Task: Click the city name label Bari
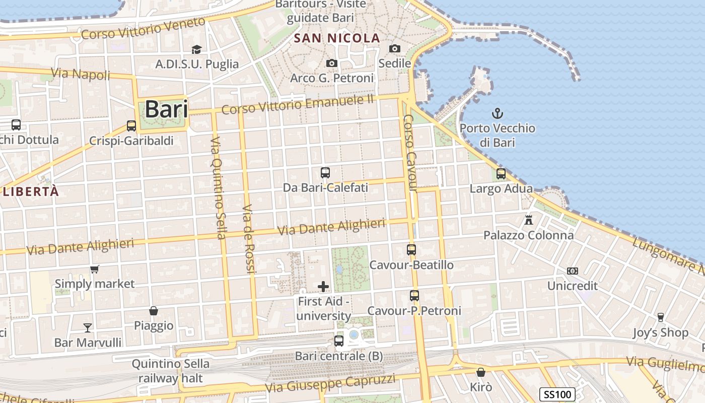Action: click(x=166, y=109)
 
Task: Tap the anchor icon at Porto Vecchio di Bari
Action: click(x=498, y=113)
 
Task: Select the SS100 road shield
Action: click(x=557, y=394)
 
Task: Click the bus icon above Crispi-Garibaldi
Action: click(x=131, y=126)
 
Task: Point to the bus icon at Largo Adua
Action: click(x=501, y=174)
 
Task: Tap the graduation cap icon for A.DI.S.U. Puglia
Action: click(x=196, y=49)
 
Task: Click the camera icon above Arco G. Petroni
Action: click(x=331, y=63)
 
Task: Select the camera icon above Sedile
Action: click(x=395, y=49)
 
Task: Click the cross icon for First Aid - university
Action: click(x=323, y=287)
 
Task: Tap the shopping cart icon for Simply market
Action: click(x=94, y=270)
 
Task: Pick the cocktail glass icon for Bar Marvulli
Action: click(x=88, y=328)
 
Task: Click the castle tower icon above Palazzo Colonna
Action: click(x=529, y=220)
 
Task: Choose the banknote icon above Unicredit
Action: click(x=572, y=271)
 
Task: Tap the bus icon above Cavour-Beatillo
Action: click(x=411, y=250)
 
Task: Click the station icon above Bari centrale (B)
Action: click(x=339, y=341)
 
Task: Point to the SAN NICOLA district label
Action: click(x=337, y=38)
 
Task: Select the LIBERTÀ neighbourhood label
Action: click(x=31, y=191)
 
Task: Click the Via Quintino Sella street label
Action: click(x=218, y=187)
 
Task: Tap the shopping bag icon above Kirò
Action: click(x=481, y=373)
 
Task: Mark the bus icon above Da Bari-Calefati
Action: click(x=325, y=173)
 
